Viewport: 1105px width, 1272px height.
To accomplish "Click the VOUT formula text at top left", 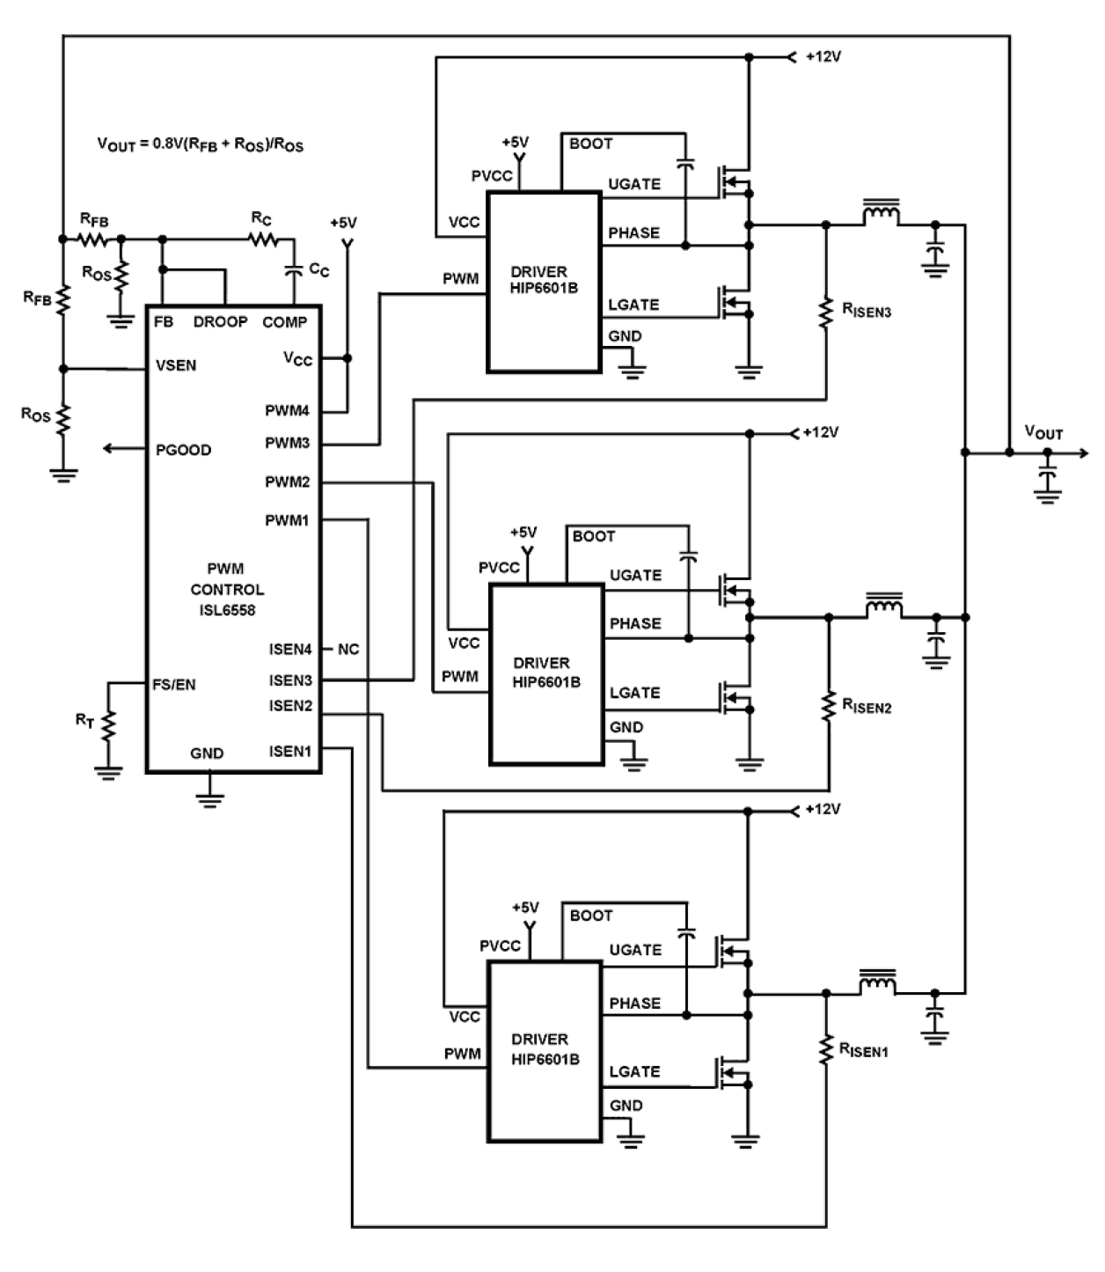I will pyautogui.click(x=200, y=144).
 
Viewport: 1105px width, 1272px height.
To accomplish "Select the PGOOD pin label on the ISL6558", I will pyautogui.click(x=183, y=450).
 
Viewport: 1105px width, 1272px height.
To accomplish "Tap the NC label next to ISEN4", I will pyautogui.click(x=348, y=650).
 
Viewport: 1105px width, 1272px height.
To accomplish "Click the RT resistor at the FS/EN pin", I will pyautogui.click(x=108, y=726).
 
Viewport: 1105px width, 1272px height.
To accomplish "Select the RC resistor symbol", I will pyautogui.click(x=262, y=239).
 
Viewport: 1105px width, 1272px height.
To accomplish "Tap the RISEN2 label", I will pyautogui.click(x=867, y=705).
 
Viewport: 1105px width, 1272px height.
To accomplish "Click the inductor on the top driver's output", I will pyautogui.click(x=881, y=215).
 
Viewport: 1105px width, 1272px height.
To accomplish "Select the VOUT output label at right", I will pyautogui.click(x=1043, y=432).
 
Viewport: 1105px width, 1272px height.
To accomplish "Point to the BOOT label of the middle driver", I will pyautogui.click(x=594, y=536).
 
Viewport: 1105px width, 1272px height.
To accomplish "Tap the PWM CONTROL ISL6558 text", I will pyautogui.click(x=226, y=589).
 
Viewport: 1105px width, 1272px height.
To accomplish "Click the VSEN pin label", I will pyautogui.click(x=176, y=365).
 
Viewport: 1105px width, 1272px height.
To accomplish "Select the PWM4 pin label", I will pyautogui.click(x=287, y=411).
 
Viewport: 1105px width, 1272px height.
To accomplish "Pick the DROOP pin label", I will pyautogui.click(x=220, y=322).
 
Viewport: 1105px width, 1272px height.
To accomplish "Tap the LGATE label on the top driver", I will pyautogui.click(x=633, y=305).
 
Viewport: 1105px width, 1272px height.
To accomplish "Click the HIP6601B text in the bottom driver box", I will pyautogui.click(x=545, y=1059).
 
